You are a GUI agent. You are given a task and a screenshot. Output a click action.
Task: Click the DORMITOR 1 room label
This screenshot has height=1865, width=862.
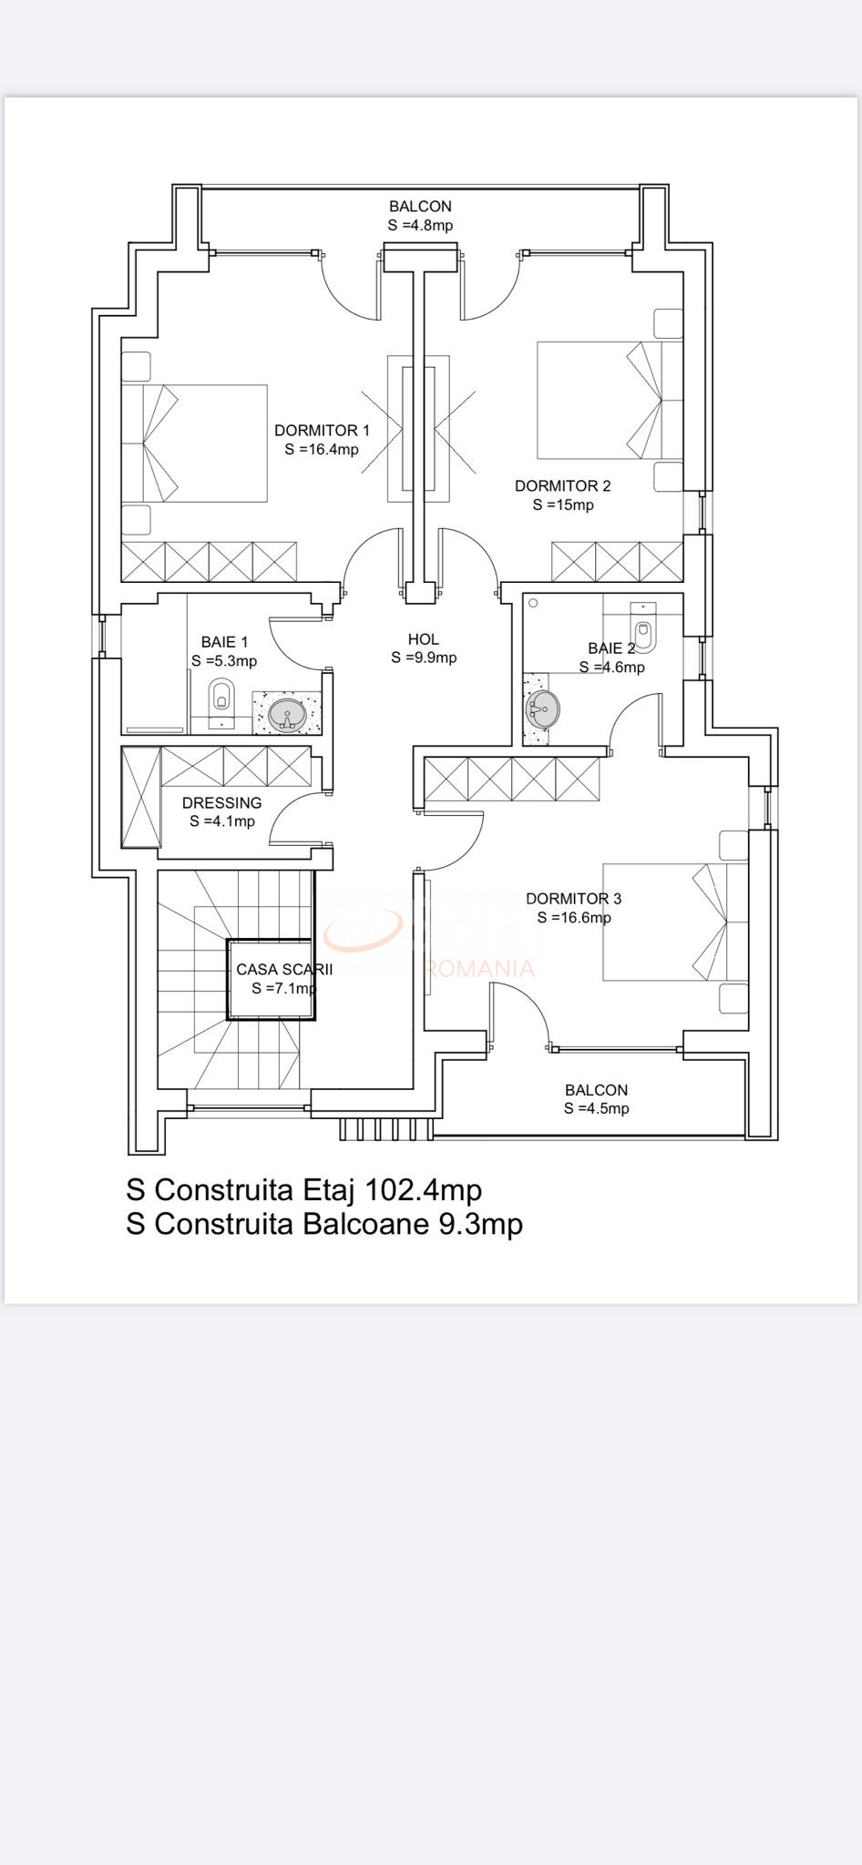(x=322, y=430)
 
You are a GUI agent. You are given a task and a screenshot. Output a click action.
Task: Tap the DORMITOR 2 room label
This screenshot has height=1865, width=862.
(x=562, y=485)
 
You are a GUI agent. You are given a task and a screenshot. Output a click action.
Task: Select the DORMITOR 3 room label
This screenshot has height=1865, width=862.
(x=573, y=898)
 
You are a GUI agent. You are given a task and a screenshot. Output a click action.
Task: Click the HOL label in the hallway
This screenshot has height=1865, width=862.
(x=424, y=639)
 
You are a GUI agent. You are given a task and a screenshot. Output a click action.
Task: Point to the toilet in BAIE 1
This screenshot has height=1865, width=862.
(x=221, y=697)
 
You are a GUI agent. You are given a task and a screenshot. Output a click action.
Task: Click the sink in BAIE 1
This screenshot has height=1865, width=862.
(x=287, y=714)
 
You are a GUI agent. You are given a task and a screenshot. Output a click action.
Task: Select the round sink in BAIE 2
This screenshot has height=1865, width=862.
(x=543, y=708)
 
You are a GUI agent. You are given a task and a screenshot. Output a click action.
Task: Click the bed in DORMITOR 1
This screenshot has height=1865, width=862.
(x=194, y=443)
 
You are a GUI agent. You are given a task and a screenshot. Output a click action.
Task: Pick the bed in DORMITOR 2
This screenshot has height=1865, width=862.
(x=610, y=401)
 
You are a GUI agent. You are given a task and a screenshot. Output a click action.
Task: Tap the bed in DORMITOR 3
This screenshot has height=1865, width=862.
(x=675, y=922)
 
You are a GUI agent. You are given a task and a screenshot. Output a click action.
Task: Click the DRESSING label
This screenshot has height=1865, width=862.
(x=221, y=802)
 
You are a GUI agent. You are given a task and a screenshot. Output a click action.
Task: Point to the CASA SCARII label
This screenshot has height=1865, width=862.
(x=284, y=969)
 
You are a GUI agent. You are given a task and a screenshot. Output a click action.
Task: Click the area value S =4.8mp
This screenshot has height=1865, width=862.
(x=420, y=225)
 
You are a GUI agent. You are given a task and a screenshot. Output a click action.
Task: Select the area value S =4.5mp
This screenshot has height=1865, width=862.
(x=596, y=1108)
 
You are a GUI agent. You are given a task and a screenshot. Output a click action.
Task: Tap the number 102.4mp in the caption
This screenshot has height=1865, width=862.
(x=423, y=1189)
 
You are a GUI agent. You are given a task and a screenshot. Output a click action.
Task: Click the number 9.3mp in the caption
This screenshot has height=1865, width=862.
(x=480, y=1224)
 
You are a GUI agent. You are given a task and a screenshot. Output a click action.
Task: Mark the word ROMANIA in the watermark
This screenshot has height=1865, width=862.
(x=479, y=968)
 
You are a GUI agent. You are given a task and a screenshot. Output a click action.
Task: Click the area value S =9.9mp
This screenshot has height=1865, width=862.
(x=424, y=657)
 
